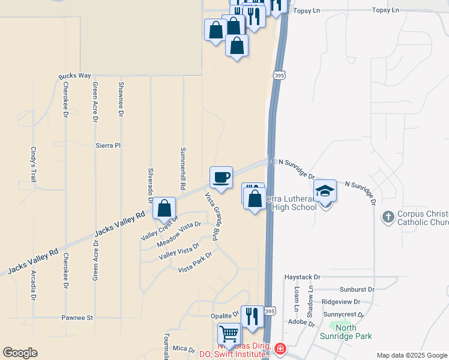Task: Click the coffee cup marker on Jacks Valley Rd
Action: (x=221, y=178)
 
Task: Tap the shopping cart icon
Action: (x=229, y=334)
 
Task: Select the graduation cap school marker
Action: (x=325, y=191)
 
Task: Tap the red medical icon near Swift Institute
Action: (x=280, y=349)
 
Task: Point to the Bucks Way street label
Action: (x=74, y=76)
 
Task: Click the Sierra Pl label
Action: (x=108, y=145)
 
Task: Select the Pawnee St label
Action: (x=77, y=317)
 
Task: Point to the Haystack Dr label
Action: (x=303, y=277)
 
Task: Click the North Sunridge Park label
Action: (x=346, y=332)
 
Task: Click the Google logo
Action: (x=20, y=353)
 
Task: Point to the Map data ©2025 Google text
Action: (x=411, y=355)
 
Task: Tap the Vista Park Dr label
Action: (x=195, y=263)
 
